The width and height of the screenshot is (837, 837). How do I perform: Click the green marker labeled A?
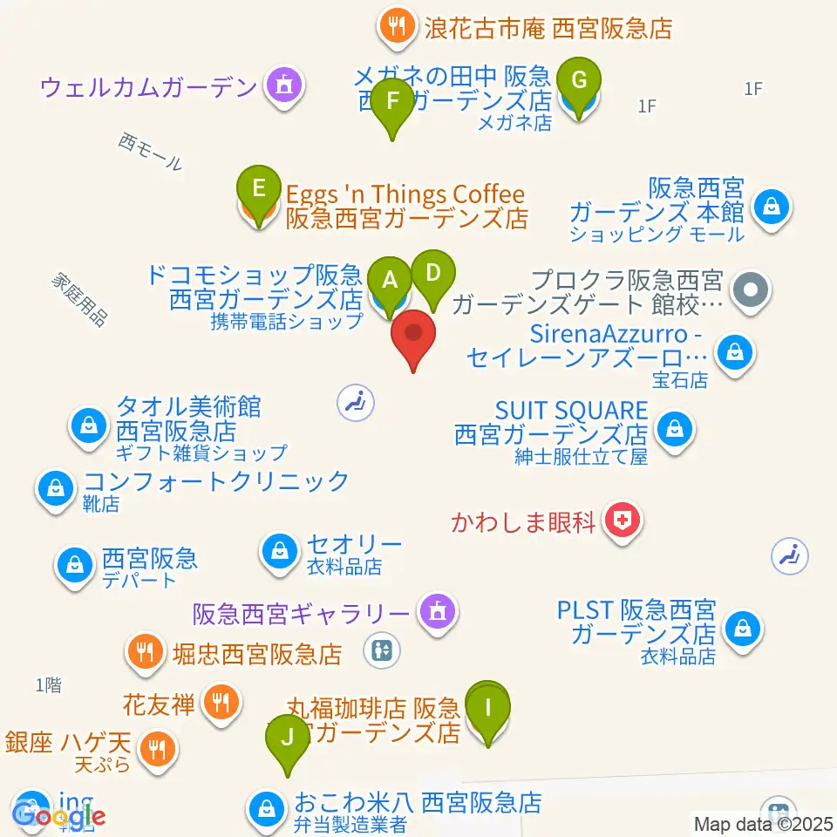click(x=390, y=280)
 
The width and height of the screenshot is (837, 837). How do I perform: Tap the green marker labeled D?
click(x=432, y=273)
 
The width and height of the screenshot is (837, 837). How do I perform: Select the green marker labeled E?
click(x=258, y=188)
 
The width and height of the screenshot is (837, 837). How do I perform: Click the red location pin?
click(x=414, y=336)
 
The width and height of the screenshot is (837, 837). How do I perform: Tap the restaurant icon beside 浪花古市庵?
click(x=397, y=28)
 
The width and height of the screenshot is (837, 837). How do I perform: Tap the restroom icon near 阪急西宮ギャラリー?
click(x=384, y=649)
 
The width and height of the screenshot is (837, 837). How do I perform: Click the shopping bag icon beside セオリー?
click(x=280, y=551)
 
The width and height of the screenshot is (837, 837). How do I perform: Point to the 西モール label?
click(x=152, y=152)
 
